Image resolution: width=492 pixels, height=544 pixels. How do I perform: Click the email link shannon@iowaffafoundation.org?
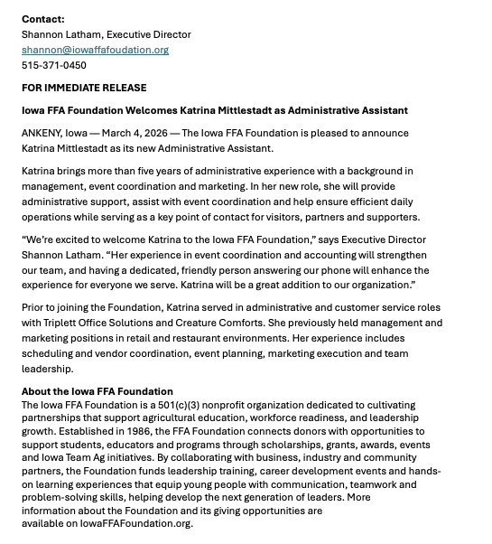point(95,50)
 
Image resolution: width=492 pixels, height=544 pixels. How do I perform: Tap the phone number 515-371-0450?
point(54,65)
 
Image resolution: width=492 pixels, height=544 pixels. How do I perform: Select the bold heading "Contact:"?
point(43,19)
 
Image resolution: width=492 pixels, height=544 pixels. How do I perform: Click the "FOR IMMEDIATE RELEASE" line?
point(84,88)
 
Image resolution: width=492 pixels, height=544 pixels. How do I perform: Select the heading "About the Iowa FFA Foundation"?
point(97,391)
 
